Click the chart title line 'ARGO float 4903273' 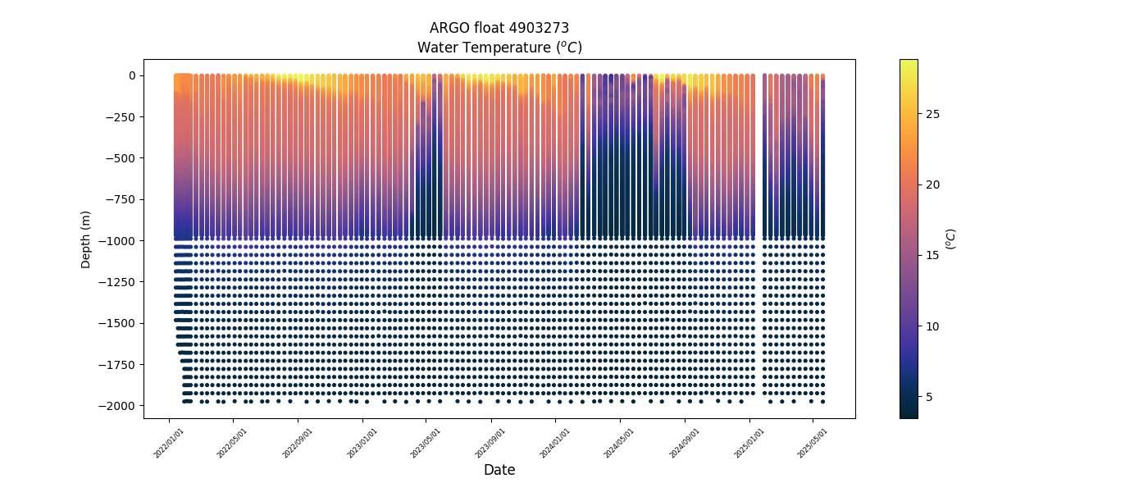click(499, 28)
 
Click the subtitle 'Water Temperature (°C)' click(499, 48)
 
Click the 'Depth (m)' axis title click(86, 239)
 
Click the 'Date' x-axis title click(499, 470)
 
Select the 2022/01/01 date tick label click(169, 443)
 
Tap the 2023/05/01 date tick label click(426, 443)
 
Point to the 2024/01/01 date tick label click(555, 443)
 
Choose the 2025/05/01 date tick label click(813, 443)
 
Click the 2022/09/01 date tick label click(298, 443)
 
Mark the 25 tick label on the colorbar click(932, 114)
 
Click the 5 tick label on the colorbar click(928, 397)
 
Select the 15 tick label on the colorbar click(932, 255)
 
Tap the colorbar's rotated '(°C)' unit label click(951, 239)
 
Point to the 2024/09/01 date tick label click(685, 443)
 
